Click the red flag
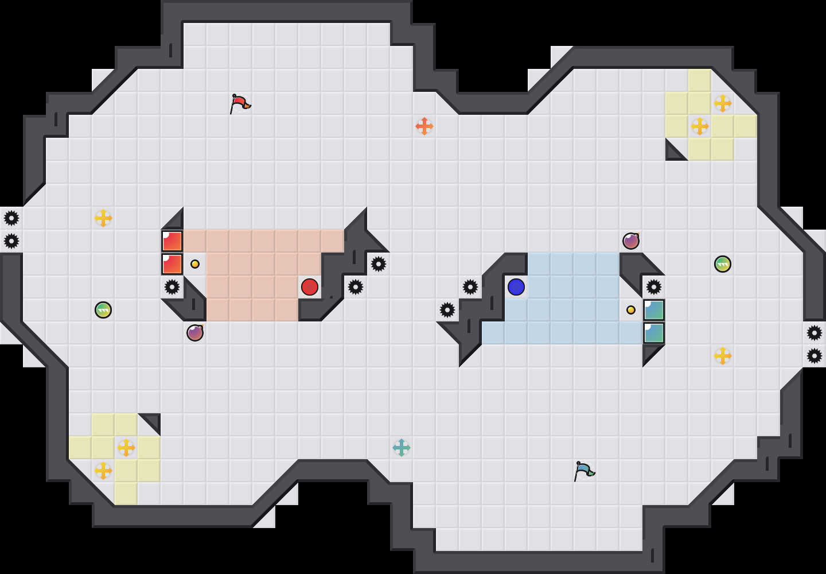click(x=240, y=103)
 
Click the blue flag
click(x=584, y=471)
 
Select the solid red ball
click(x=310, y=287)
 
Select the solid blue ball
click(x=516, y=287)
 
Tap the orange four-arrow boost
click(x=424, y=126)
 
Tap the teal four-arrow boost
click(x=402, y=448)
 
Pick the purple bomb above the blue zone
click(x=631, y=241)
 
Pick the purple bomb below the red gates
click(x=195, y=333)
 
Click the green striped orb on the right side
click(x=723, y=264)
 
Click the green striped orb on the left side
click(x=103, y=310)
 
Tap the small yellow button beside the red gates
click(x=195, y=264)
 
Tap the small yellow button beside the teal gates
click(x=631, y=310)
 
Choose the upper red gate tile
click(x=172, y=241)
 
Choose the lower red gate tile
click(x=172, y=264)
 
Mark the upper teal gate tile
click(x=654, y=310)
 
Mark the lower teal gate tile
click(x=654, y=333)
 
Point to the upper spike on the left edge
click(x=11, y=218)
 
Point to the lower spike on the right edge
click(x=815, y=356)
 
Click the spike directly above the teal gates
click(x=654, y=287)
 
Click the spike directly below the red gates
click(x=172, y=287)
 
